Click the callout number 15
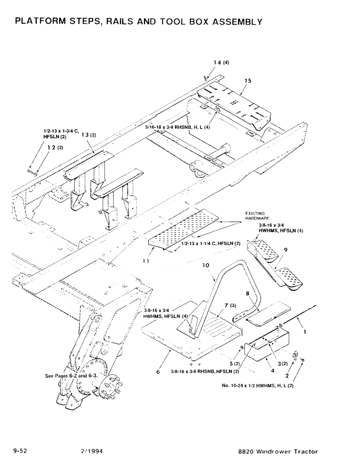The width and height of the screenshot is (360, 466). (x=247, y=81)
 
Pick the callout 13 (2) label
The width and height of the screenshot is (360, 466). (x=89, y=135)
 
